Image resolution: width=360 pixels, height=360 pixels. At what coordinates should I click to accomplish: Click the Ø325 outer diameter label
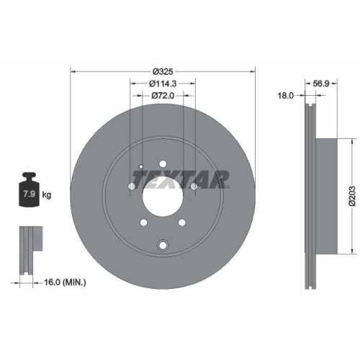point(163,72)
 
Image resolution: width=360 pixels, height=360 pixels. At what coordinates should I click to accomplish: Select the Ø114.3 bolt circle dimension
point(163,84)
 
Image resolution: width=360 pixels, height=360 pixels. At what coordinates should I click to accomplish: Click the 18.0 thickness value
point(287,94)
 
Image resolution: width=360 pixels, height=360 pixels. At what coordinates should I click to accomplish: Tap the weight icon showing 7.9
point(30,190)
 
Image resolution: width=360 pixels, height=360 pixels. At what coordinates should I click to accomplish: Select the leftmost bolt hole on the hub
point(131,189)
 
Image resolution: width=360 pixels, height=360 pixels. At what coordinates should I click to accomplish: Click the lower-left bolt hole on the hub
point(144,222)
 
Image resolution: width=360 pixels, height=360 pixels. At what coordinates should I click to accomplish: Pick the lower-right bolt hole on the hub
point(182,222)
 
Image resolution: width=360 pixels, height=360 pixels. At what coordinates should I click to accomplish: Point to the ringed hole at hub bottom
point(163,246)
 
